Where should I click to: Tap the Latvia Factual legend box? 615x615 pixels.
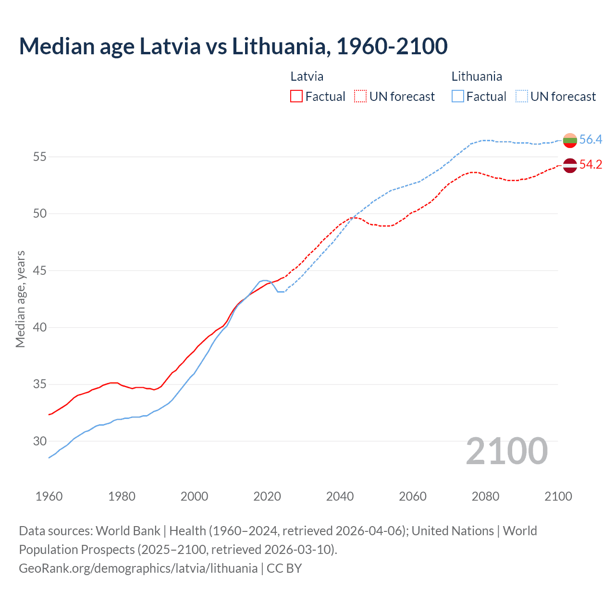pyautogui.click(x=296, y=96)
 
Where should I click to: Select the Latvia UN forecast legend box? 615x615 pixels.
pyautogui.click(x=360, y=96)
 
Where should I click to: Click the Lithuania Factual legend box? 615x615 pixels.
pyautogui.click(x=458, y=96)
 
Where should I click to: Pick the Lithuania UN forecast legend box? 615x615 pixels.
pyautogui.click(x=521, y=96)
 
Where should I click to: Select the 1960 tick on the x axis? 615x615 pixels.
pyautogui.click(x=49, y=496)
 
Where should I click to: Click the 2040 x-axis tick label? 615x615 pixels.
pyautogui.click(x=340, y=496)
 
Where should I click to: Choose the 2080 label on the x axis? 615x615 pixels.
pyautogui.click(x=485, y=496)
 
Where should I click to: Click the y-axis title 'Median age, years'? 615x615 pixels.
pyautogui.click(x=20, y=299)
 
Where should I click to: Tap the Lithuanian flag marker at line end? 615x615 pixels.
pyautogui.click(x=570, y=140)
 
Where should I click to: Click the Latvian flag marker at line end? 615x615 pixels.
pyautogui.click(x=570, y=165)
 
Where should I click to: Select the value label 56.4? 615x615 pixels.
pyautogui.click(x=590, y=139)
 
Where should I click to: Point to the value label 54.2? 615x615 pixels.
pyautogui.click(x=590, y=164)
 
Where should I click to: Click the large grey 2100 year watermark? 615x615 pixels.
pyautogui.click(x=507, y=451)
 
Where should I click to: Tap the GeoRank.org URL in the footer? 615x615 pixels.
pyautogui.click(x=138, y=568)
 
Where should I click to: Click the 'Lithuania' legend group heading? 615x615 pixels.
pyautogui.click(x=477, y=76)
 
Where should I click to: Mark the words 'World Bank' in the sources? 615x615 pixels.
pyautogui.click(x=128, y=531)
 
